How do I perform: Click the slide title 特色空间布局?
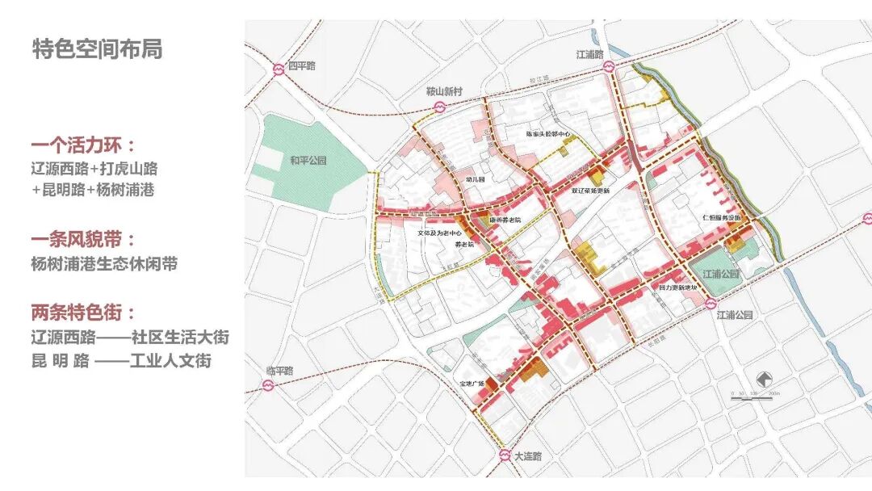[97, 49]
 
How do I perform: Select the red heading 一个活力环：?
[83, 146]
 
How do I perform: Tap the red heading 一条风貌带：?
[83, 241]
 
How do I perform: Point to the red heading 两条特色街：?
[83, 312]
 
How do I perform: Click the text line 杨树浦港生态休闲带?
[104, 264]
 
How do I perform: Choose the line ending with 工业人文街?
[121, 360]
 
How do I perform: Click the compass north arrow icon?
[765, 379]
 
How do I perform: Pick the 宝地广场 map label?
[469, 382]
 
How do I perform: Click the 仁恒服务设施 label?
[722, 218]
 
